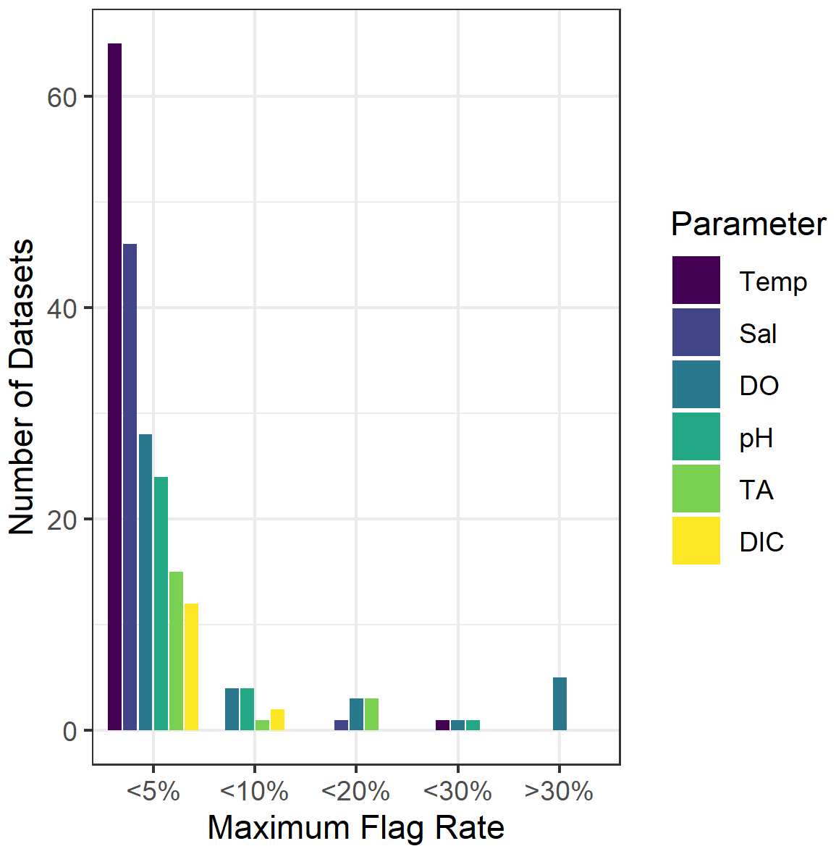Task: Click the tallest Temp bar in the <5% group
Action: coord(114,386)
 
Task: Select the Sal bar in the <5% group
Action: coord(130,487)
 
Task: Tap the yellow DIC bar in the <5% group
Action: coord(191,667)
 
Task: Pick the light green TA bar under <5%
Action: coord(176,651)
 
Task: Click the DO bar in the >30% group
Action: coord(560,703)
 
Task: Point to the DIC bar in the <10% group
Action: coord(277,719)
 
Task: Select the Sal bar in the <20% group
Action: coord(341,725)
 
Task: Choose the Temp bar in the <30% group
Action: coord(442,725)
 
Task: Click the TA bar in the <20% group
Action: coord(371,714)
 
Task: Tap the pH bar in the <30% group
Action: coord(473,725)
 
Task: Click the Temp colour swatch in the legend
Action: coord(696,280)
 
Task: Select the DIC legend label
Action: coord(761,541)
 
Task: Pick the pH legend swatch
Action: coord(696,436)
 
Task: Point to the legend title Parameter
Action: coord(748,224)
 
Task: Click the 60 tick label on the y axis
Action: coord(62,97)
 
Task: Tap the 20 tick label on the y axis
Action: coord(62,520)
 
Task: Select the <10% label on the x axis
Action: coord(254,792)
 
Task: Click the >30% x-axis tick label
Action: coord(559,792)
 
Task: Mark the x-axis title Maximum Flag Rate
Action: coord(356,828)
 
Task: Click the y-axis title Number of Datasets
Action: coord(22,386)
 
